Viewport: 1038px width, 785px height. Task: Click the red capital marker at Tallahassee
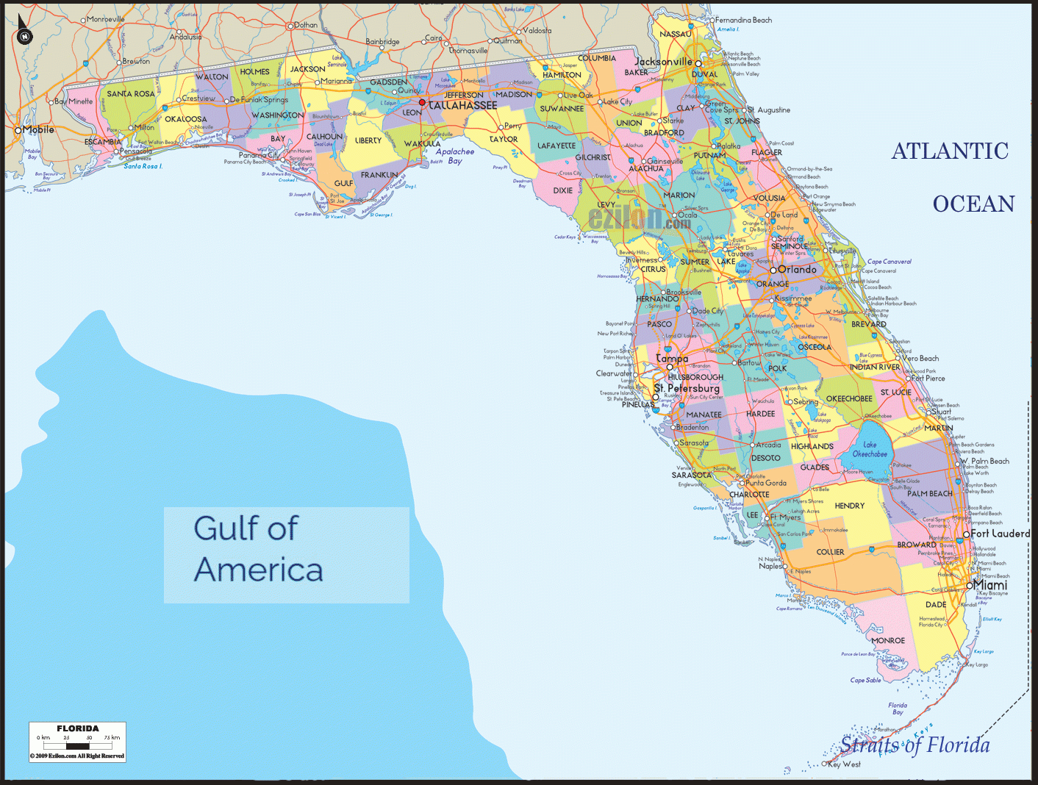pyautogui.click(x=422, y=103)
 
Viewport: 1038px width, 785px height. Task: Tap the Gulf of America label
pyautogui.click(x=258, y=549)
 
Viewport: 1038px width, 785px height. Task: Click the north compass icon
pyautogui.click(x=25, y=36)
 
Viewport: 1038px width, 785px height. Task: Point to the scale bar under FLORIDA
pyautogui.click(x=77, y=746)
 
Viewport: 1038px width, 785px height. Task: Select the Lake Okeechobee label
pyautogui.click(x=870, y=450)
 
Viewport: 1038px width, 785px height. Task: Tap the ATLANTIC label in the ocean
pyautogui.click(x=950, y=151)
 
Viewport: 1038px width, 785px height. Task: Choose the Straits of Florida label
pyautogui.click(x=915, y=745)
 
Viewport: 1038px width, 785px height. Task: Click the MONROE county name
pyautogui.click(x=888, y=641)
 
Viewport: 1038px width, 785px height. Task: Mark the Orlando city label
pyautogui.click(x=797, y=270)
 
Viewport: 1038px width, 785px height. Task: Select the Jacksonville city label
pyautogui.click(x=663, y=62)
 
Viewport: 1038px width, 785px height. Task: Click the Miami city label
pyautogui.click(x=990, y=585)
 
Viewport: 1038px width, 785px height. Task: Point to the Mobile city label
pyautogui.click(x=38, y=130)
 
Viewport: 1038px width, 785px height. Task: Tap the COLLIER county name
pyautogui.click(x=830, y=552)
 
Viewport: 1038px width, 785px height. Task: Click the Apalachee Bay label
pyautogui.click(x=455, y=156)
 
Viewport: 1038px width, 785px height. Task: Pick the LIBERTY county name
pyautogui.click(x=368, y=140)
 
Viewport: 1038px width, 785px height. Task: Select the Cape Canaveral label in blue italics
pyautogui.click(x=889, y=262)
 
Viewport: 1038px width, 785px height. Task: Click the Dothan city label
pyautogui.click(x=306, y=25)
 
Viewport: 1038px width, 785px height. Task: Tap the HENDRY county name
pyautogui.click(x=850, y=506)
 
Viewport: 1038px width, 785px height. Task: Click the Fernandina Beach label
pyautogui.click(x=743, y=21)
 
